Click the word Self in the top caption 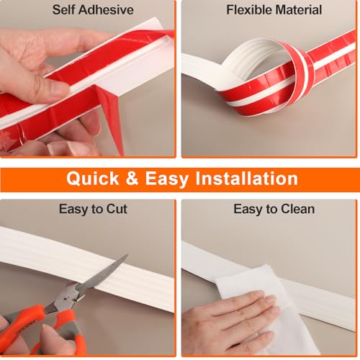click(64, 10)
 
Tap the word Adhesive click(106, 10)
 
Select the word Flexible click(249, 10)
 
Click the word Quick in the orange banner click(93, 179)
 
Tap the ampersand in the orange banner click(132, 179)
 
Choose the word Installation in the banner click(247, 178)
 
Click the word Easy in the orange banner click(167, 179)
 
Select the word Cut click(117, 209)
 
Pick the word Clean click(297, 209)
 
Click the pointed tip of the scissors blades click(127, 255)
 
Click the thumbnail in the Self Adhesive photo click(60, 88)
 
